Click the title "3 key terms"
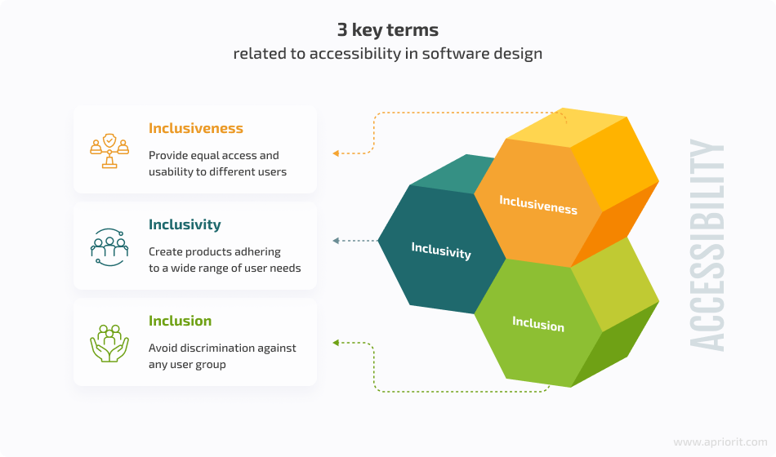coord(387,30)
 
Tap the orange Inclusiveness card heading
coord(196,128)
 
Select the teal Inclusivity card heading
coord(185,224)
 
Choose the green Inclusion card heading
coord(181,321)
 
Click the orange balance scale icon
coord(109,151)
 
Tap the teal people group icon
coord(109,246)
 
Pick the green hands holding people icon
coord(109,344)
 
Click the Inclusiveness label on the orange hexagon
coord(538,204)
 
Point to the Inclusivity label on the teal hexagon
coord(441,251)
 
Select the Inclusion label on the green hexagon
coord(538,323)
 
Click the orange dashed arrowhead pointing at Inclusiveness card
coord(336,153)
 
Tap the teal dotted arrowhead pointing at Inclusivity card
coord(336,241)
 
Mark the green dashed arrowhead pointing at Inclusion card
coord(336,343)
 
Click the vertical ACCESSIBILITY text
coord(707,245)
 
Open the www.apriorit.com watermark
coord(720,441)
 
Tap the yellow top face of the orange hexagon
coord(567,126)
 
